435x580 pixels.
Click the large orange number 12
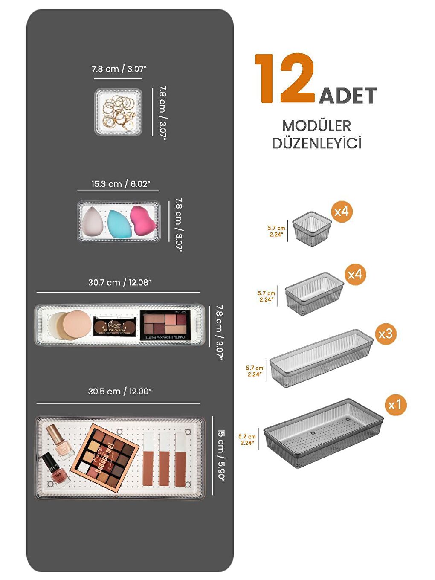pyautogui.click(x=285, y=79)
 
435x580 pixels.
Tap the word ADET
pyautogui.click(x=348, y=96)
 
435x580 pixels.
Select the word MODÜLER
pyautogui.click(x=316, y=126)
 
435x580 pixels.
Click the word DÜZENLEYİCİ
pyautogui.click(x=316, y=143)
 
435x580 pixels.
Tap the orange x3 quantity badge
pyautogui.click(x=386, y=334)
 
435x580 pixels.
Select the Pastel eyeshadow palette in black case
pyautogui.click(x=164, y=325)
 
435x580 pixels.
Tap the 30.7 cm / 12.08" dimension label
pyautogui.click(x=119, y=282)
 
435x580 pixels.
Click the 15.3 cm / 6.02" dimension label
pyautogui.click(x=121, y=184)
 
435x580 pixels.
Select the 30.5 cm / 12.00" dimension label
pyautogui.click(x=119, y=391)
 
